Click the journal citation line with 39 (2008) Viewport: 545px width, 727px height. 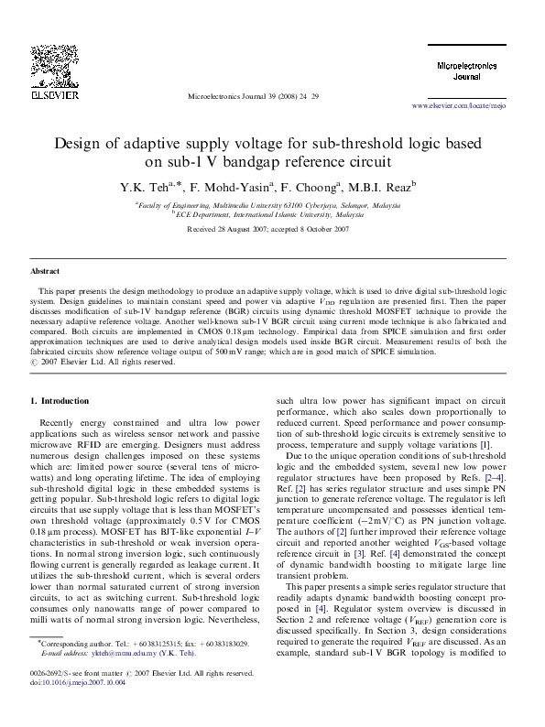click(x=253, y=95)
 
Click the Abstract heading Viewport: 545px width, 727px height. click(x=45, y=272)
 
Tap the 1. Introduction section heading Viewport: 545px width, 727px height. click(x=60, y=401)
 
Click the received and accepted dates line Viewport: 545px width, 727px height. click(x=267, y=228)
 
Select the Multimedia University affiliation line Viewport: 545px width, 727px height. click(x=267, y=206)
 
